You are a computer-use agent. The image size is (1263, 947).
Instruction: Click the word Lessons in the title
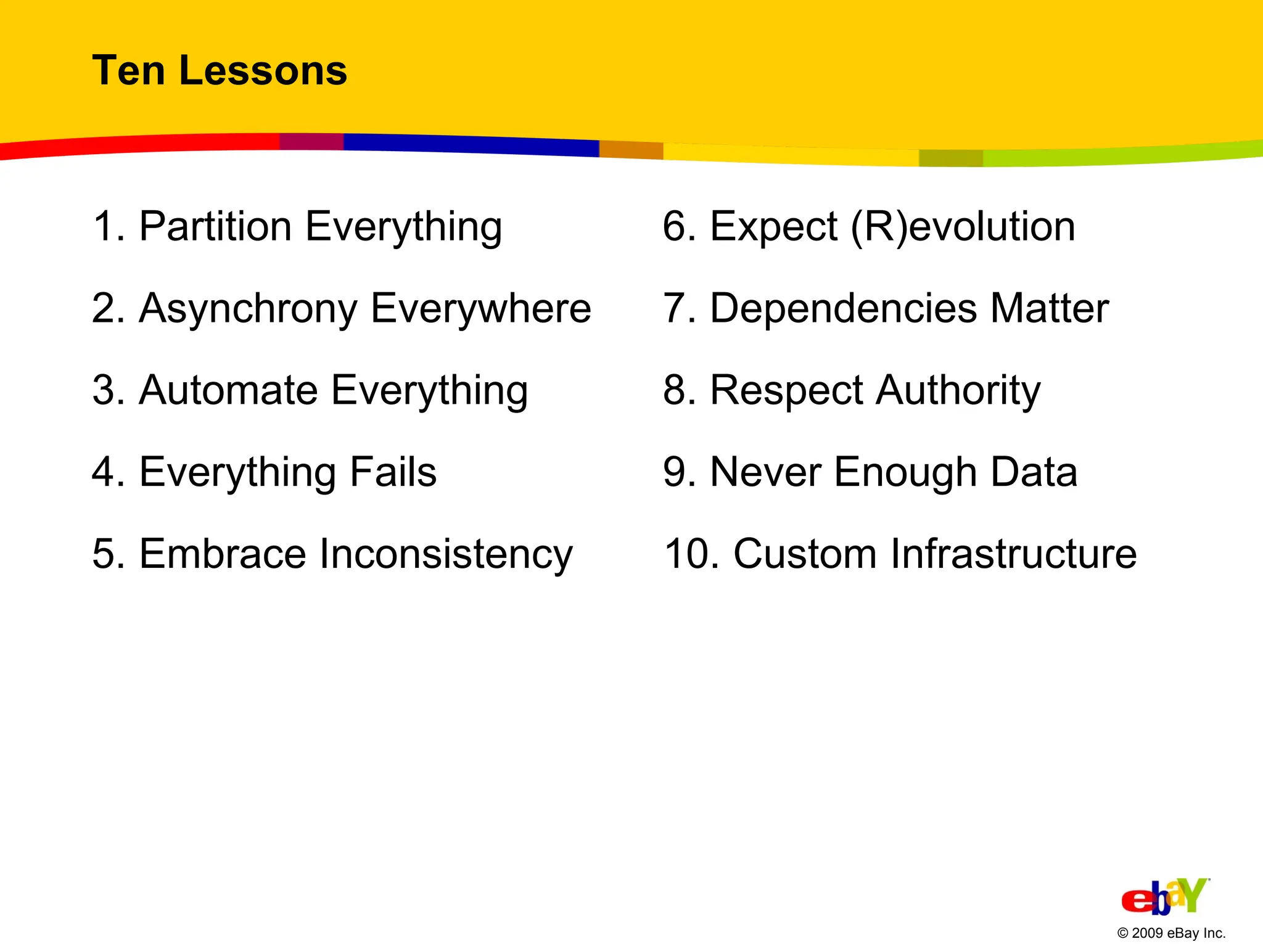tap(263, 70)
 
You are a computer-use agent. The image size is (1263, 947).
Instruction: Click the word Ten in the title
tap(128, 70)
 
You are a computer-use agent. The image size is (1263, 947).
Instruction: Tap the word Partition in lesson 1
tap(215, 226)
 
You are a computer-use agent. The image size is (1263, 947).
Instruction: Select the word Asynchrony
tap(248, 308)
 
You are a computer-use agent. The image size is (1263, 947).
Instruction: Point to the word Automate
tap(229, 390)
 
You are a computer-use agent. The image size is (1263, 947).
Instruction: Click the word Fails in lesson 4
tap(393, 472)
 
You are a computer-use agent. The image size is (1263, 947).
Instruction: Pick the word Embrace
tap(223, 554)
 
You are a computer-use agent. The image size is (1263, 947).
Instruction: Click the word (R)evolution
tap(963, 226)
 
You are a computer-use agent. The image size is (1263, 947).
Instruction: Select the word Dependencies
tap(844, 308)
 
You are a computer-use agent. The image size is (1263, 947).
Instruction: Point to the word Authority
tap(958, 390)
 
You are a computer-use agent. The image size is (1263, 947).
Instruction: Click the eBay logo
tap(1164, 896)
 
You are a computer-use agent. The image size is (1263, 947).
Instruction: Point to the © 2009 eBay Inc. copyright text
tap(1171, 933)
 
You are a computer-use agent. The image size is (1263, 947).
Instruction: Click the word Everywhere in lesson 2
tap(481, 308)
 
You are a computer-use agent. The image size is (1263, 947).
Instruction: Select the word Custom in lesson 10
tap(805, 554)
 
